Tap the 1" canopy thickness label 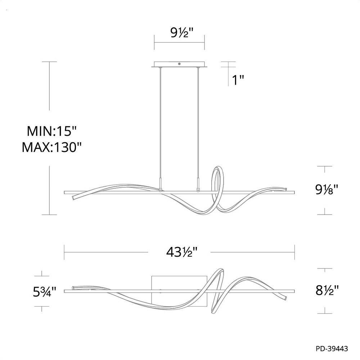(238, 80)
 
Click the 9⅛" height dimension (325, 189)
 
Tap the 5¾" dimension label (43, 291)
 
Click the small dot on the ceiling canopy (179, 64)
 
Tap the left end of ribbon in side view (75, 197)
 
